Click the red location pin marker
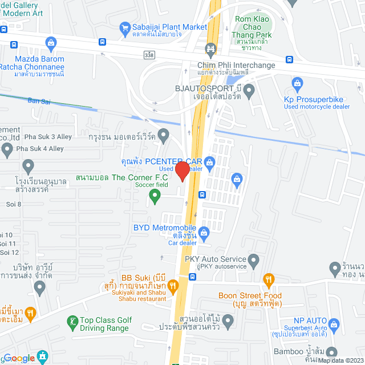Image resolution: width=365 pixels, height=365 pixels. click(x=182, y=171)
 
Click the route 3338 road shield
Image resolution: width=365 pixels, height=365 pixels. click(x=149, y=54)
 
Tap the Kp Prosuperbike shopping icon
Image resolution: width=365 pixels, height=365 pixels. click(x=296, y=83)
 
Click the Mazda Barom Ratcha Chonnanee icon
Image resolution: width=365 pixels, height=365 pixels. click(x=51, y=43)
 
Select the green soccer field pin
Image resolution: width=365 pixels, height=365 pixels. click(x=153, y=197)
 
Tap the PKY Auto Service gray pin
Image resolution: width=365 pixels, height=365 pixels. click(x=254, y=261)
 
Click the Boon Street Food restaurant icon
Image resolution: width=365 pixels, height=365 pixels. click(x=269, y=279)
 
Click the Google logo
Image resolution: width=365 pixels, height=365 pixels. click(x=19, y=358)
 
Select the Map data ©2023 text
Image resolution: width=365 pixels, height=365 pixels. click(x=340, y=360)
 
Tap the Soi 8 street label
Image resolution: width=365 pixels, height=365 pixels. click(x=11, y=204)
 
